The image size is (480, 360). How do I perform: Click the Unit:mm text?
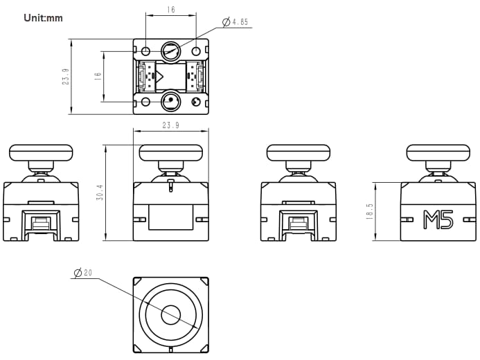43,17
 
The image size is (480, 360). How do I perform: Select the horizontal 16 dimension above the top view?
170,10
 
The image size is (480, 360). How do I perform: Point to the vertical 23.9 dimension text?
65,76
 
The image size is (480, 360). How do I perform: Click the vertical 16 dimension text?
98,76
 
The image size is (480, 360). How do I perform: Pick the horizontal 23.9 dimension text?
170,125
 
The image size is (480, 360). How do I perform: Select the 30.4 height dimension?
100,192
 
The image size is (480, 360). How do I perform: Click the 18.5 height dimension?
371,211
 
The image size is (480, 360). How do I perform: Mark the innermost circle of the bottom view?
170,315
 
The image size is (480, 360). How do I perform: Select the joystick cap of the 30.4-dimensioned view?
170,152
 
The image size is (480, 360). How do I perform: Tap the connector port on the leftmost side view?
42,223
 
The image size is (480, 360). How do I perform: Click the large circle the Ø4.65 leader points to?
170,51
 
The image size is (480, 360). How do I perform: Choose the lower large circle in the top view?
170,102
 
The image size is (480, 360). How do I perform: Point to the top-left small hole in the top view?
146,52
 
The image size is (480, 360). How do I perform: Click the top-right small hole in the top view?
195,52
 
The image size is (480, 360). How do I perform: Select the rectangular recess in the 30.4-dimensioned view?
170,217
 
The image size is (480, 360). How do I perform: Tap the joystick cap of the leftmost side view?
41,152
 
